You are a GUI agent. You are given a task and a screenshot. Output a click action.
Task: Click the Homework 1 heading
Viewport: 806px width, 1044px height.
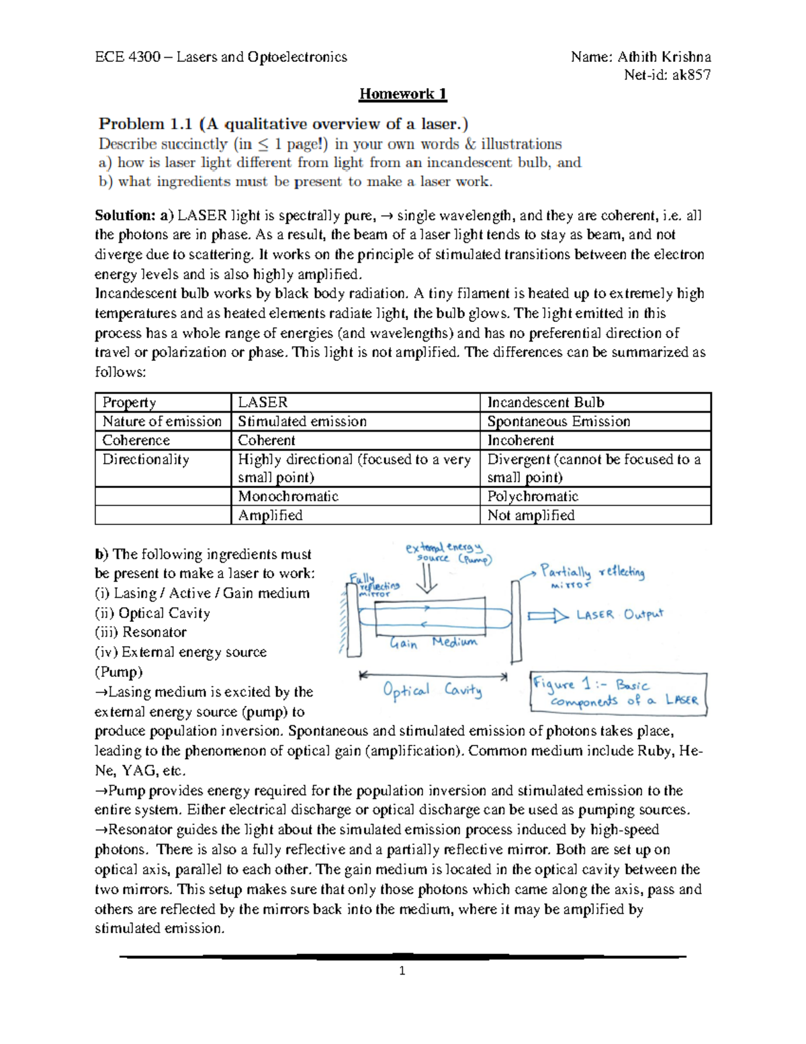coord(403,94)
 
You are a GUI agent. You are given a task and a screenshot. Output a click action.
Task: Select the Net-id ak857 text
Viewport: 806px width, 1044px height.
coord(667,75)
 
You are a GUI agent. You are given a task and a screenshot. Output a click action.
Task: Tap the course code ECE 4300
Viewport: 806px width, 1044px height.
coord(128,57)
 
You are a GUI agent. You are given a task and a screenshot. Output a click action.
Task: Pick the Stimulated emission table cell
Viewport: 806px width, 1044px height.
coord(302,421)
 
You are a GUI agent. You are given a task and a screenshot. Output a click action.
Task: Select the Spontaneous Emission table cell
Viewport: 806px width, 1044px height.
coord(558,421)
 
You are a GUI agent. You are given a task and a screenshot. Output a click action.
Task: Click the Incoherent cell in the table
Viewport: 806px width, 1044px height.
coord(521,440)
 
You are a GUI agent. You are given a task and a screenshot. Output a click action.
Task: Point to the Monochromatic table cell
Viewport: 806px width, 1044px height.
coord(288,497)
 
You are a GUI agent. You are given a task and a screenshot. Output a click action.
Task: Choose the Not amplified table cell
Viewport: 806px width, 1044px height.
coord(531,516)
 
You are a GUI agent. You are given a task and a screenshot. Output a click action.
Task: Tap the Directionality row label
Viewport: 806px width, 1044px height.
coord(146,460)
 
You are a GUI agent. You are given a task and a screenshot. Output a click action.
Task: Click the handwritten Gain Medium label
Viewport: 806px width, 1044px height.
coord(433,643)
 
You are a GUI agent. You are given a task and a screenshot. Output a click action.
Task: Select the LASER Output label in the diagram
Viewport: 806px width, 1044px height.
coord(619,615)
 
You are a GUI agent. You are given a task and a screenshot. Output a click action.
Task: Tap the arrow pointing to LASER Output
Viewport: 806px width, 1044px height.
coord(548,616)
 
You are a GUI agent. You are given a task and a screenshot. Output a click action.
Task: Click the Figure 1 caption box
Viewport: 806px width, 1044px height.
coord(618,692)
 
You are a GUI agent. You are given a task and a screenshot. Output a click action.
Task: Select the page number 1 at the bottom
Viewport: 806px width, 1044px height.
coord(402,971)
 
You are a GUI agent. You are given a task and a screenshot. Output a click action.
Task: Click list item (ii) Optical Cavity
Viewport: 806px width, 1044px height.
coord(152,613)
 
